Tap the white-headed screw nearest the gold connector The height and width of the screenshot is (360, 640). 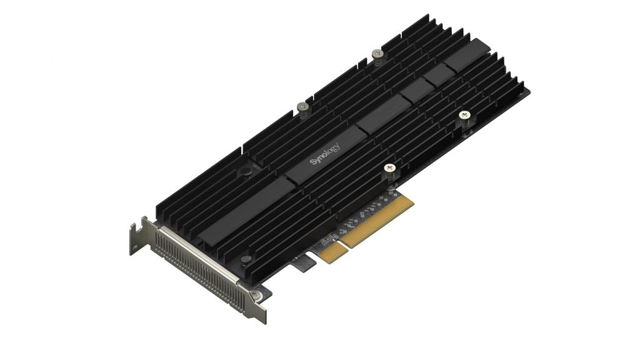[x=389, y=168]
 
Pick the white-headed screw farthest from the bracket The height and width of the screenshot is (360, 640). [x=464, y=116]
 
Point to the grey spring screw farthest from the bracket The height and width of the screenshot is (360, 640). [x=377, y=54]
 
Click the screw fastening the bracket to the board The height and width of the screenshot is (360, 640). [x=255, y=295]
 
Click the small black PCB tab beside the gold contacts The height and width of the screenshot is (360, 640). [x=304, y=263]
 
